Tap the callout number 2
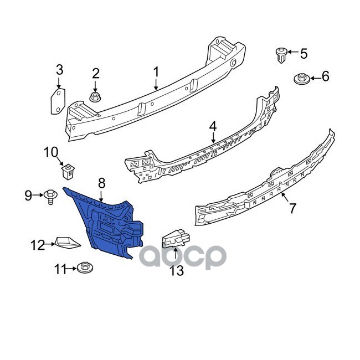point(95,73)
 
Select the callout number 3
point(59,70)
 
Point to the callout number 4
point(213,127)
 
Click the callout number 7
point(291,208)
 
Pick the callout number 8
point(101,182)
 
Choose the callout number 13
point(176,271)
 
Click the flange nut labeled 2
point(95,98)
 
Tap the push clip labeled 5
point(281,55)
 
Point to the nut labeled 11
point(85,269)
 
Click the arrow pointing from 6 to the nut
point(314,78)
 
